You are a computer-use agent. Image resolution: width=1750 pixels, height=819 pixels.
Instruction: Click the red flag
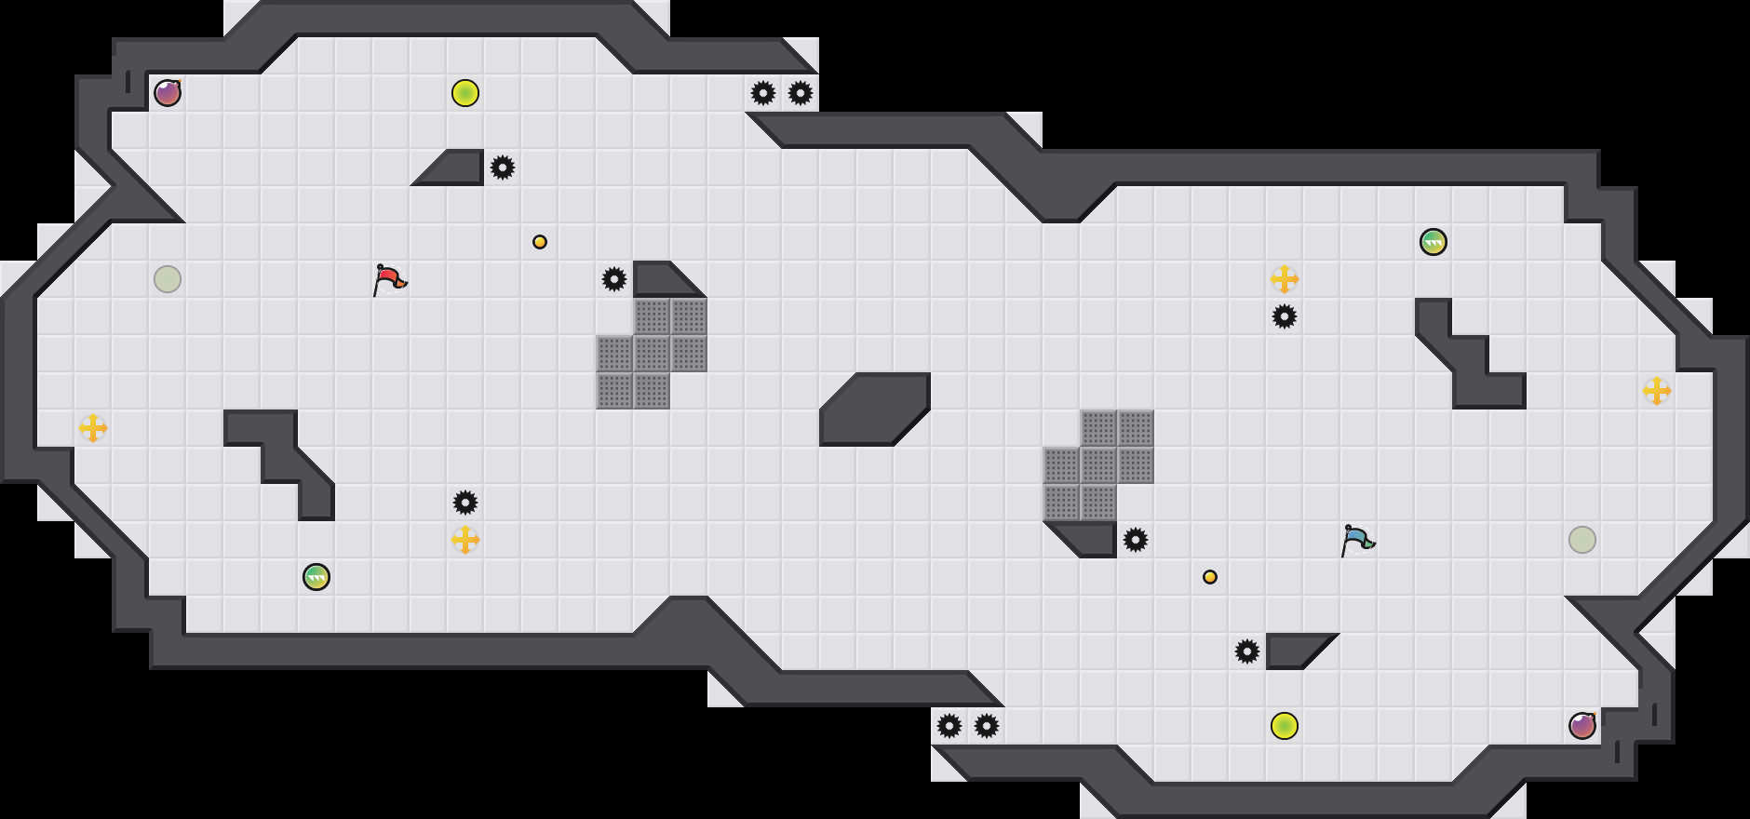389,278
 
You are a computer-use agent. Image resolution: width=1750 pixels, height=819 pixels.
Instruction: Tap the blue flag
1357,539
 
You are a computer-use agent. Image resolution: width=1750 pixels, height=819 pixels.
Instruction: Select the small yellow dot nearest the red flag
540,242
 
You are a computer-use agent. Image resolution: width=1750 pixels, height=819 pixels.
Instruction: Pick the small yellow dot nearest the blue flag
1210,577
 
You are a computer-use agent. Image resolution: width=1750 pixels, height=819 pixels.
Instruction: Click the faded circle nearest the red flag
168,279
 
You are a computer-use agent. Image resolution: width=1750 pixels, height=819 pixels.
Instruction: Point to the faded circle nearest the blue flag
1582,540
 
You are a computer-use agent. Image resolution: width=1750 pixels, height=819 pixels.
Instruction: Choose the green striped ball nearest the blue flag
1434,242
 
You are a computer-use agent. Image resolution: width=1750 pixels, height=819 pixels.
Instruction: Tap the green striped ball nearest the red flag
316,577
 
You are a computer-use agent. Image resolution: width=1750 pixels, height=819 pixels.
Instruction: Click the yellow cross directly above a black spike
1285,279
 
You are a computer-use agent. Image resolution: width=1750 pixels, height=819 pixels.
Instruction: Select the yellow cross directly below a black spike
465,540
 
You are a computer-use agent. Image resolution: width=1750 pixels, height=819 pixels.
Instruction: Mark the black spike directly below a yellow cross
1285,316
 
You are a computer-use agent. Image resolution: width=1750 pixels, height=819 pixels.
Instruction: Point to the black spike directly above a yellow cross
465,503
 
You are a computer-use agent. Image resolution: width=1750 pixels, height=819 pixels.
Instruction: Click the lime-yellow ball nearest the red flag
465,93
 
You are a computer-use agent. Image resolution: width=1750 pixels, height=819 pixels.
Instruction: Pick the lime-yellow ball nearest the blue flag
1285,726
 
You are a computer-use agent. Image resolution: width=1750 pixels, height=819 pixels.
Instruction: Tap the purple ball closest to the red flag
168,93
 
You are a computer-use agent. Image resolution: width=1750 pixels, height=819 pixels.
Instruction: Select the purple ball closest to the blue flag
1582,726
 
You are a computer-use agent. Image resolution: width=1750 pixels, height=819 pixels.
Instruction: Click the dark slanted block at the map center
875,409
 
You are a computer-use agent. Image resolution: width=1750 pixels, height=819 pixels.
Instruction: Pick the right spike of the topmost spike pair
801,93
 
